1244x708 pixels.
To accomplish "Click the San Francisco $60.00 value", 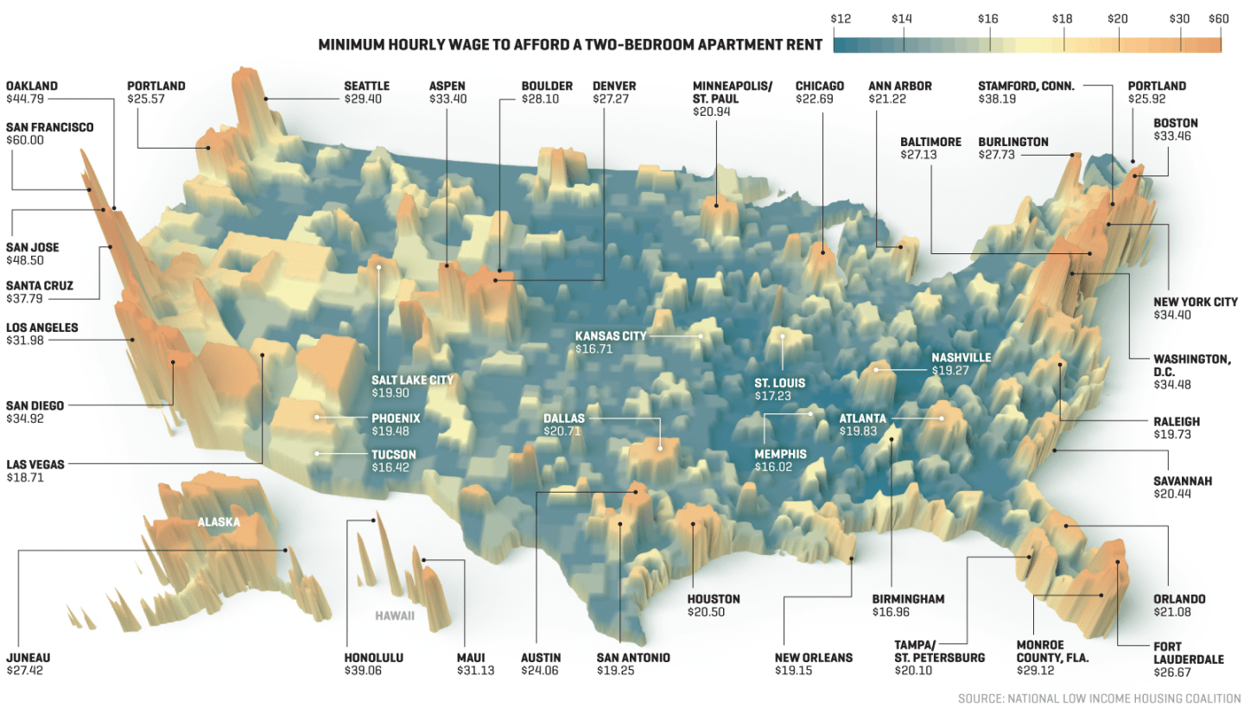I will (x=26, y=140).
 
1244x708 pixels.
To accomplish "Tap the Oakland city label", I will (x=32, y=86).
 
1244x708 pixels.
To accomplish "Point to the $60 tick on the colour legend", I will (x=1218, y=18).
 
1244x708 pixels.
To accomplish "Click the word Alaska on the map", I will (x=219, y=522).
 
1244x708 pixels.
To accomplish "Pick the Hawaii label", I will (x=395, y=616).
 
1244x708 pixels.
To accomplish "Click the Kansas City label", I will (x=610, y=335).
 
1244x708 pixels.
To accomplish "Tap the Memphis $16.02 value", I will (x=769, y=467).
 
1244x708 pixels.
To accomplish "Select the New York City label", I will (x=1195, y=302).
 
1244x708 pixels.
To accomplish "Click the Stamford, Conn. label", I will (x=1026, y=86).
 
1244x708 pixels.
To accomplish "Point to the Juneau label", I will (x=28, y=657).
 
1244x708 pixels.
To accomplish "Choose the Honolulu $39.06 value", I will (x=363, y=670).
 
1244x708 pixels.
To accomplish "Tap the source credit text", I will (x=1099, y=697).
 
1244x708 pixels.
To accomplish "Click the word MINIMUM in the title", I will (x=353, y=43).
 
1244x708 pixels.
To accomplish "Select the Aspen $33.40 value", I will (x=447, y=99).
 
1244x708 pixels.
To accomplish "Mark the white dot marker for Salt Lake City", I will (x=378, y=267).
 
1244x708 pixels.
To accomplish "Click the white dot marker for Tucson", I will (x=317, y=454).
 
